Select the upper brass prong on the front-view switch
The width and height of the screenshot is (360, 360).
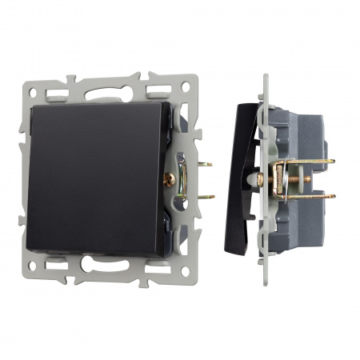pyautogui.click(x=206, y=164)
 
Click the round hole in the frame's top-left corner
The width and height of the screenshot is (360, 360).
pyautogui.click(x=32, y=86)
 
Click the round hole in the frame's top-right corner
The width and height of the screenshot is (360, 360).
pyautogui.click(x=187, y=86)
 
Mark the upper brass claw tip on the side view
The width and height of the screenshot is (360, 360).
pyautogui.click(x=330, y=161)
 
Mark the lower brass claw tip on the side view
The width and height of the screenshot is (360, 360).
pyautogui.click(x=330, y=197)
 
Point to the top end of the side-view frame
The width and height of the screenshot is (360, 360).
pyautogui.click(x=265, y=78)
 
